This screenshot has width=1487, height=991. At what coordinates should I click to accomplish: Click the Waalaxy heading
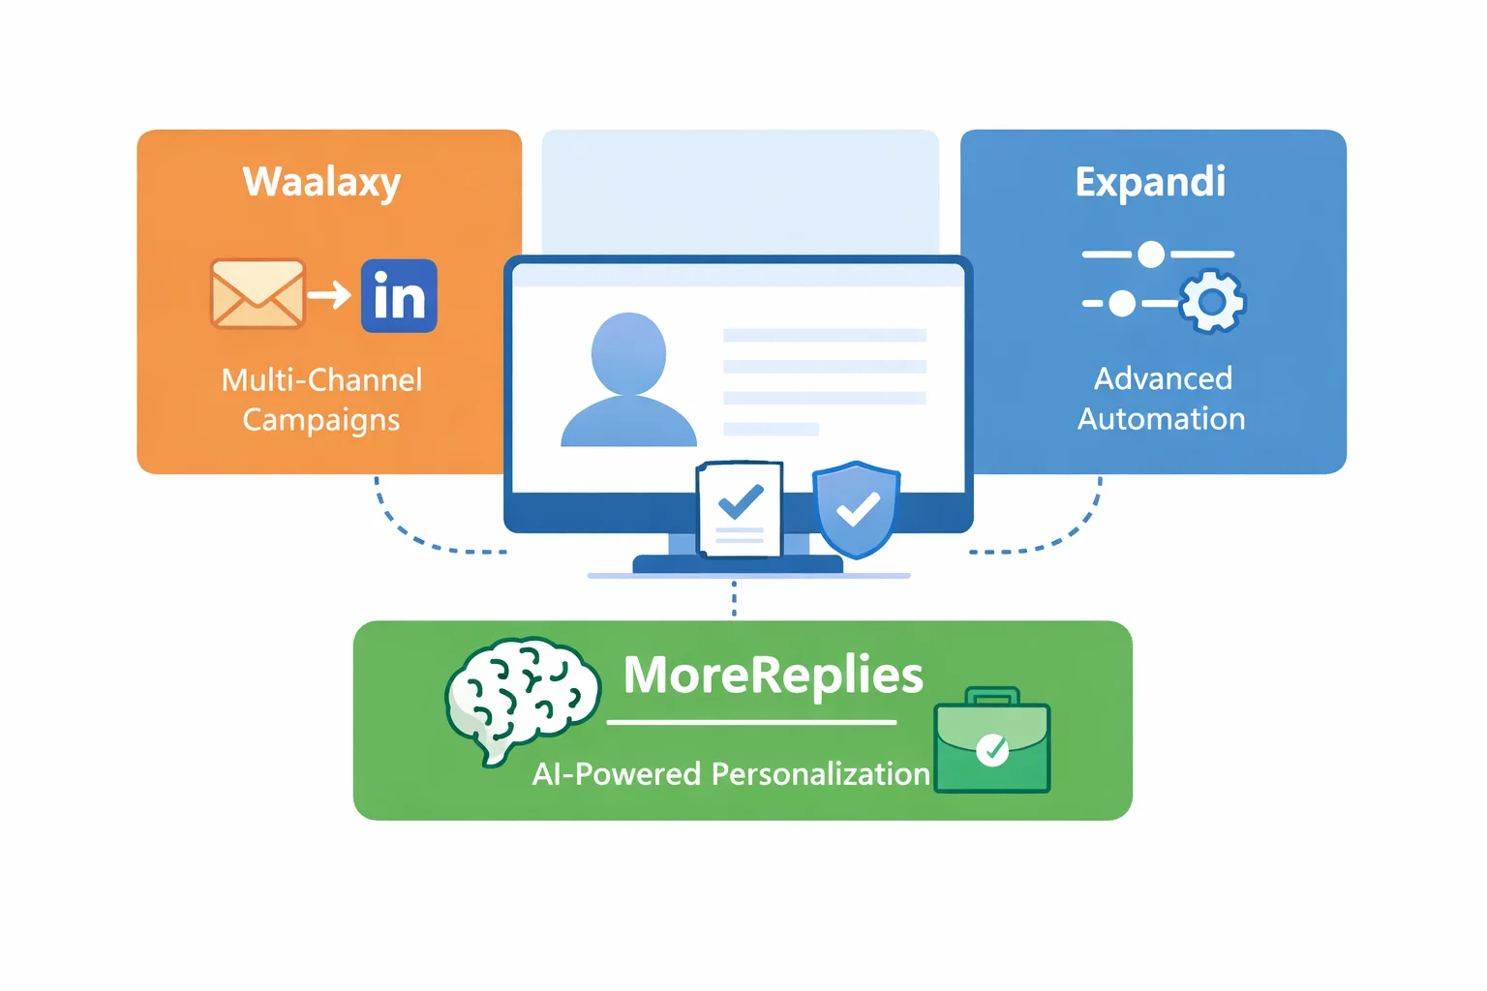[x=321, y=182]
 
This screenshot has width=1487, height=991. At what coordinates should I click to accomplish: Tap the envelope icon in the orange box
[x=257, y=294]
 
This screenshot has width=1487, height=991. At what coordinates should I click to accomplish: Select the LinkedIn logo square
[x=399, y=296]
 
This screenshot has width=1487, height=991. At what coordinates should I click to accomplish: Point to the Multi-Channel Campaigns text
[x=321, y=399]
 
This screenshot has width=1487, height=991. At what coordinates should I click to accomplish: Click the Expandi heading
[x=1150, y=182]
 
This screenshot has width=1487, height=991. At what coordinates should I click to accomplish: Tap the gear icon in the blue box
[x=1212, y=302]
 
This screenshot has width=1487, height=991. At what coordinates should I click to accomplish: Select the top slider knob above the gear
[x=1150, y=255]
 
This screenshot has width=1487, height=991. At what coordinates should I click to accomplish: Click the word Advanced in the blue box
[x=1163, y=378]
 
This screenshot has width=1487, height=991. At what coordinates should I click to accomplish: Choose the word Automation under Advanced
[x=1161, y=419]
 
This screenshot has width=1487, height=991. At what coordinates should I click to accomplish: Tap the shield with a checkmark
[x=857, y=508]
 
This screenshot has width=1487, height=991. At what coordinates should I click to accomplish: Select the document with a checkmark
[x=740, y=509]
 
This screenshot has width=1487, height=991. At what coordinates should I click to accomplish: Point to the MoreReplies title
[x=773, y=675]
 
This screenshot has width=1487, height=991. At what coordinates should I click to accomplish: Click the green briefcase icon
[x=991, y=743]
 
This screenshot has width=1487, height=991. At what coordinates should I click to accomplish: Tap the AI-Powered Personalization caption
[x=731, y=774]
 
